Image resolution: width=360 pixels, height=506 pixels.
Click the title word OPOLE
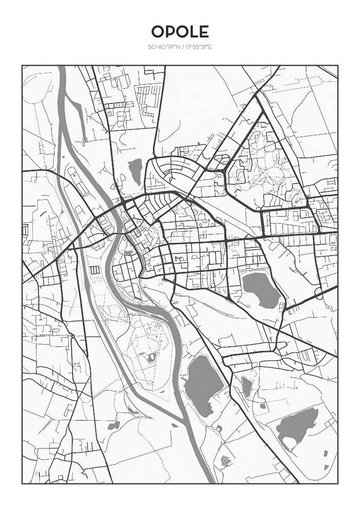[x=180, y=32]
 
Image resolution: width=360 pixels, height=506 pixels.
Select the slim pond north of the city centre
[x=135, y=171]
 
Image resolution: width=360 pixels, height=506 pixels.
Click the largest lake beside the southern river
[x=204, y=385]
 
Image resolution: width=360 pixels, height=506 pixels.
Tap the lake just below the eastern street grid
[x=261, y=290]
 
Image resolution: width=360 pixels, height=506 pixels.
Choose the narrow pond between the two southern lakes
[x=247, y=387]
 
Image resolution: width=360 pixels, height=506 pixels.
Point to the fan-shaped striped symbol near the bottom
[x=226, y=460]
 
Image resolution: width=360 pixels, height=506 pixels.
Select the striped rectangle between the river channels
[x=94, y=270]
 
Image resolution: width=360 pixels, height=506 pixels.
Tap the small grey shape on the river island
[x=150, y=358]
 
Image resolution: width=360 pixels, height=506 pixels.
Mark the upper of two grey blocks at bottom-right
[x=326, y=453]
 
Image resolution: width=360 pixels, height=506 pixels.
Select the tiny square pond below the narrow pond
[x=263, y=406]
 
